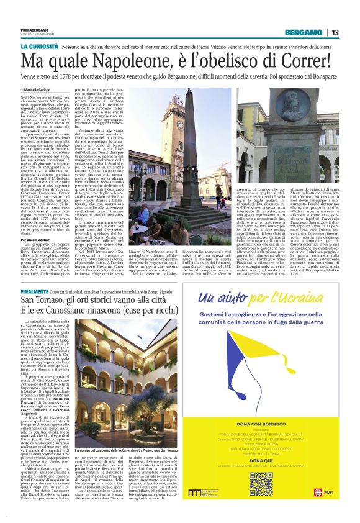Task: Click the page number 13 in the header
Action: pos(335,32)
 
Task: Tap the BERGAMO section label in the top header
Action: pos(304,32)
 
